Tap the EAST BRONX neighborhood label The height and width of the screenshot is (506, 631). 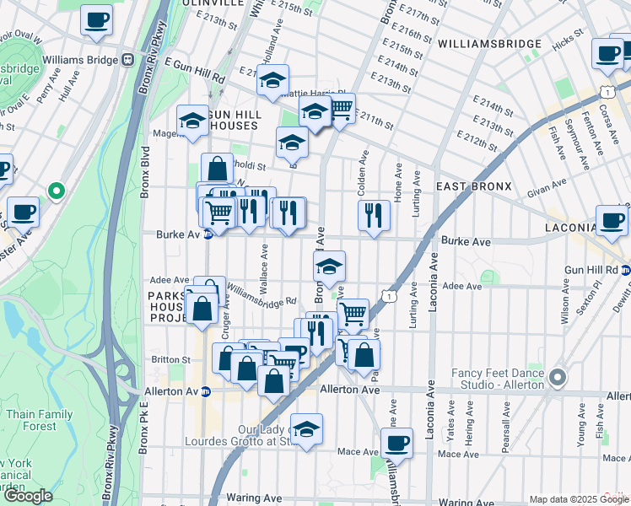tap(473, 186)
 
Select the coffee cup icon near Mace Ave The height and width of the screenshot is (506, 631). tap(396, 441)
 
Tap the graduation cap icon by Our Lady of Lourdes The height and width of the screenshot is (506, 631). tap(306, 428)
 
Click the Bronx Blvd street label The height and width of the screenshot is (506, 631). tap(144, 176)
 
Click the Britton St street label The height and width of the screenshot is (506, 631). tap(164, 359)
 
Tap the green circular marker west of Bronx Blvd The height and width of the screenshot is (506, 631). tap(57, 191)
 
